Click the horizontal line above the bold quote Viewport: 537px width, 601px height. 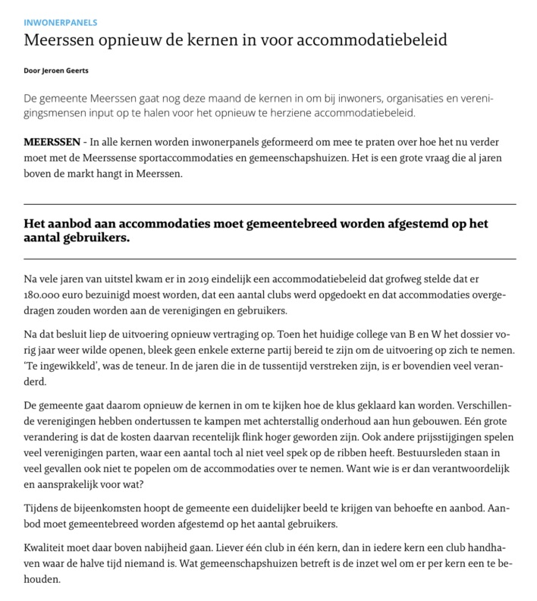tap(270, 205)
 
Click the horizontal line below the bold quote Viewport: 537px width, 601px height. tap(270, 259)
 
